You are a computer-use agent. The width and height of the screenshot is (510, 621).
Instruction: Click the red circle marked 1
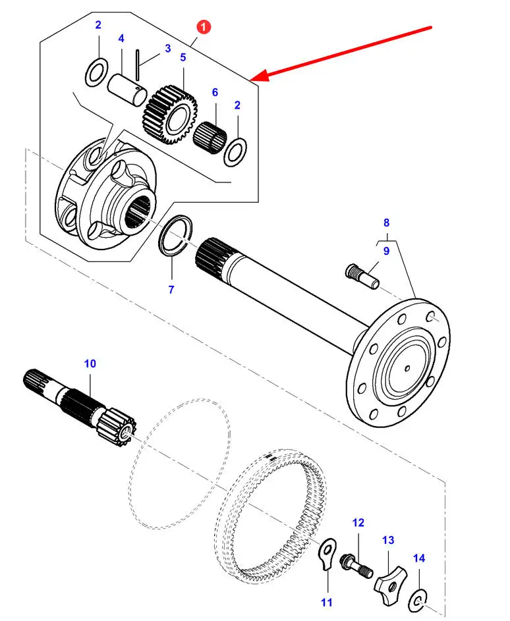pyautogui.click(x=204, y=27)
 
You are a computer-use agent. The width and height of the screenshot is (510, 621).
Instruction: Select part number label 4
pyautogui.click(x=121, y=39)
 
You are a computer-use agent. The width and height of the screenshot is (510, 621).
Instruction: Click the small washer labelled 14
pyautogui.click(x=417, y=599)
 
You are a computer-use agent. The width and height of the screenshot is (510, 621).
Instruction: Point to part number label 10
pyautogui.click(x=90, y=363)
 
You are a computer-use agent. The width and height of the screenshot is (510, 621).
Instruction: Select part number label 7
pyautogui.click(x=171, y=290)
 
